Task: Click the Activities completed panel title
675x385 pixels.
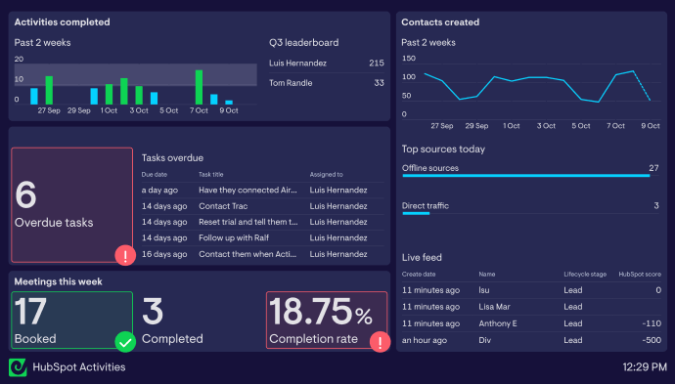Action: [62, 22]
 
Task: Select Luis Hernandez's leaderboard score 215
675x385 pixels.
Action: [376, 64]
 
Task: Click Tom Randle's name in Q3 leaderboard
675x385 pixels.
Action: [292, 83]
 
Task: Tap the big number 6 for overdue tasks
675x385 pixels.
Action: [26, 194]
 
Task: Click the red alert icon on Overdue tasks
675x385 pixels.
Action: [126, 256]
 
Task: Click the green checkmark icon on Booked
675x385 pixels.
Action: [125, 342]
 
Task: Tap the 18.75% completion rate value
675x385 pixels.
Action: [322, 314]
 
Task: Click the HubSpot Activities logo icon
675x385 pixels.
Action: [18, 366]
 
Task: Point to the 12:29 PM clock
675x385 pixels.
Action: [645, 367]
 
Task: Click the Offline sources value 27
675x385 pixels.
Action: [653, 168]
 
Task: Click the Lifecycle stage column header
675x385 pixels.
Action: [585, 275]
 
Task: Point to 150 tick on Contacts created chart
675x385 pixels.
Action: [409, 59]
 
